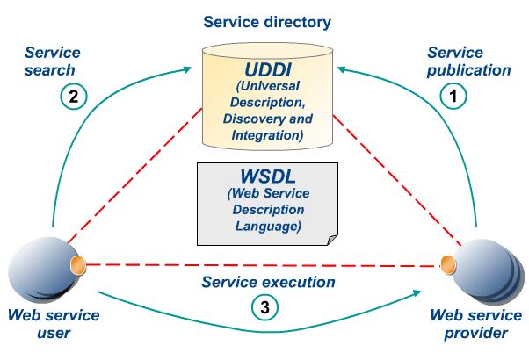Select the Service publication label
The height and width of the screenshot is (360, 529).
pos(468,61)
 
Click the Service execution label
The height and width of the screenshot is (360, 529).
pos(268,282)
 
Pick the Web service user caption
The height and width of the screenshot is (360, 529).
pos(53,324)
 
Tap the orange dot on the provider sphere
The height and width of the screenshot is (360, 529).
pos(448,262)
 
